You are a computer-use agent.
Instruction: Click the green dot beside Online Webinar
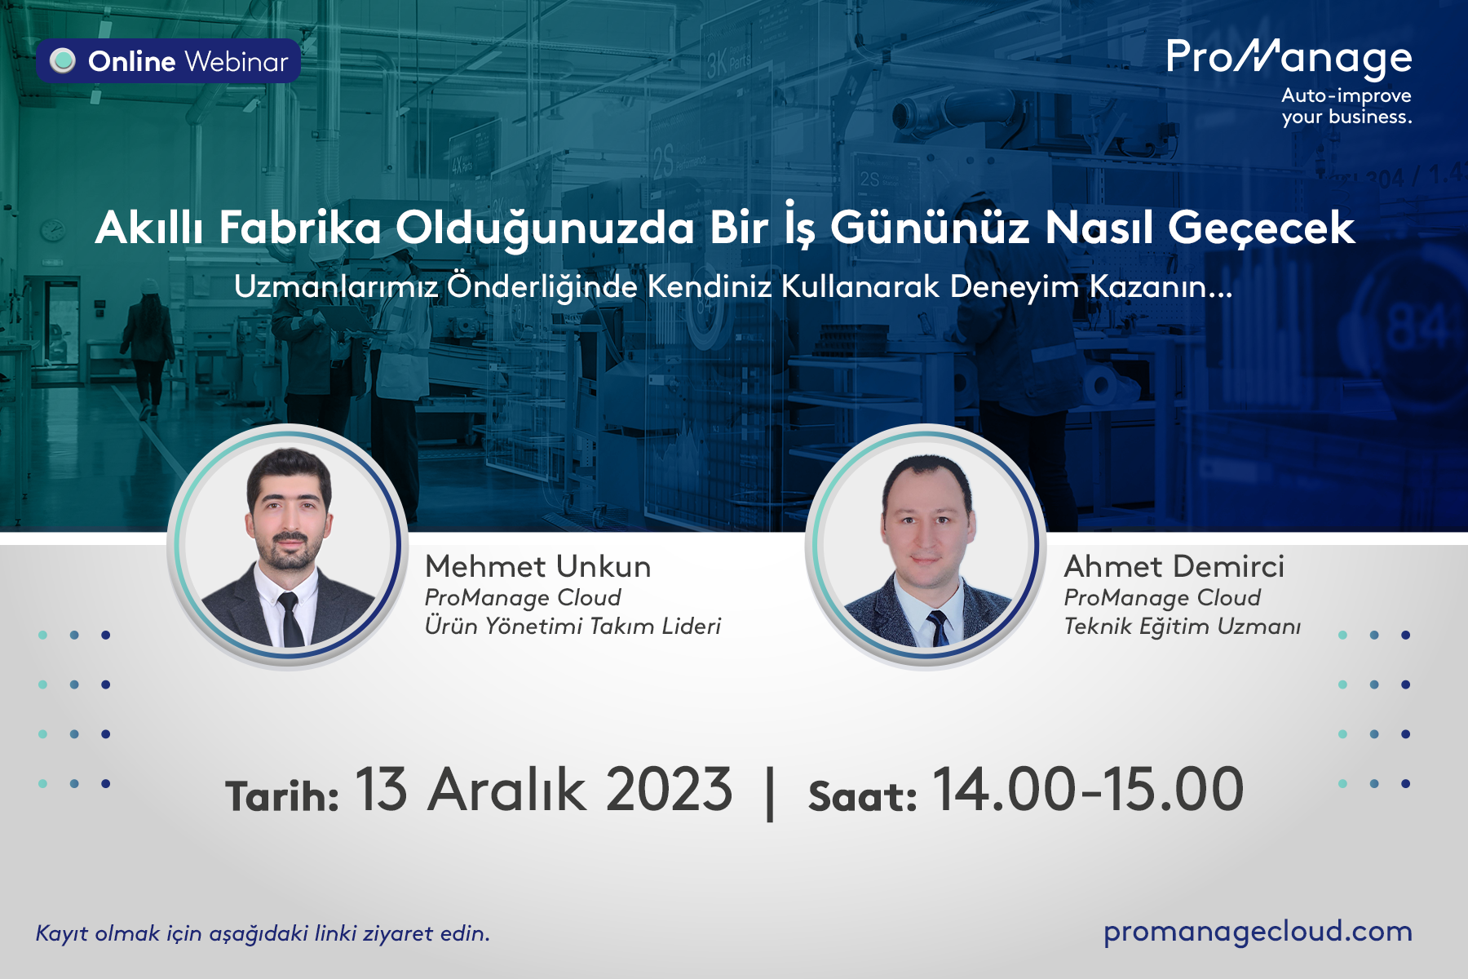[63, 61]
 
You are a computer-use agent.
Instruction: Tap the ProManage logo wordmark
[1289, 59]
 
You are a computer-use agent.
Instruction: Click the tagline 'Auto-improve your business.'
[1346, 106]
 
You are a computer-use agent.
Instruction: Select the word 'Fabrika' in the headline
[300, 228]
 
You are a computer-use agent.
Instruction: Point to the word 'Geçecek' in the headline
[1262, 228]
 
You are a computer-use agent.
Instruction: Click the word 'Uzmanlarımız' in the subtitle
[336, 286]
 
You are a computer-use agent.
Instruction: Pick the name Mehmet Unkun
[538, 566]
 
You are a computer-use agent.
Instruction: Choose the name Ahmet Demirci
[1174, 566]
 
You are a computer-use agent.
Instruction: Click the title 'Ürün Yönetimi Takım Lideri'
[573, 626]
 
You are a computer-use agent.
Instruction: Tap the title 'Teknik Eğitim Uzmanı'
[1182, 626]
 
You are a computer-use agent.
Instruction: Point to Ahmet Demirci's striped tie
[937, 627]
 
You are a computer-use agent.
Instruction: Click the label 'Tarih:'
[282, 795]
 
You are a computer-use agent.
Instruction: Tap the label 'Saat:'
[862, 795]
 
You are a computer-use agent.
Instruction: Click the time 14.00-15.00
[1088, 790]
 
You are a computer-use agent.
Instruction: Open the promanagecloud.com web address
[1258, 932]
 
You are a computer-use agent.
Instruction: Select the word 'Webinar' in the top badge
[237, 62]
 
